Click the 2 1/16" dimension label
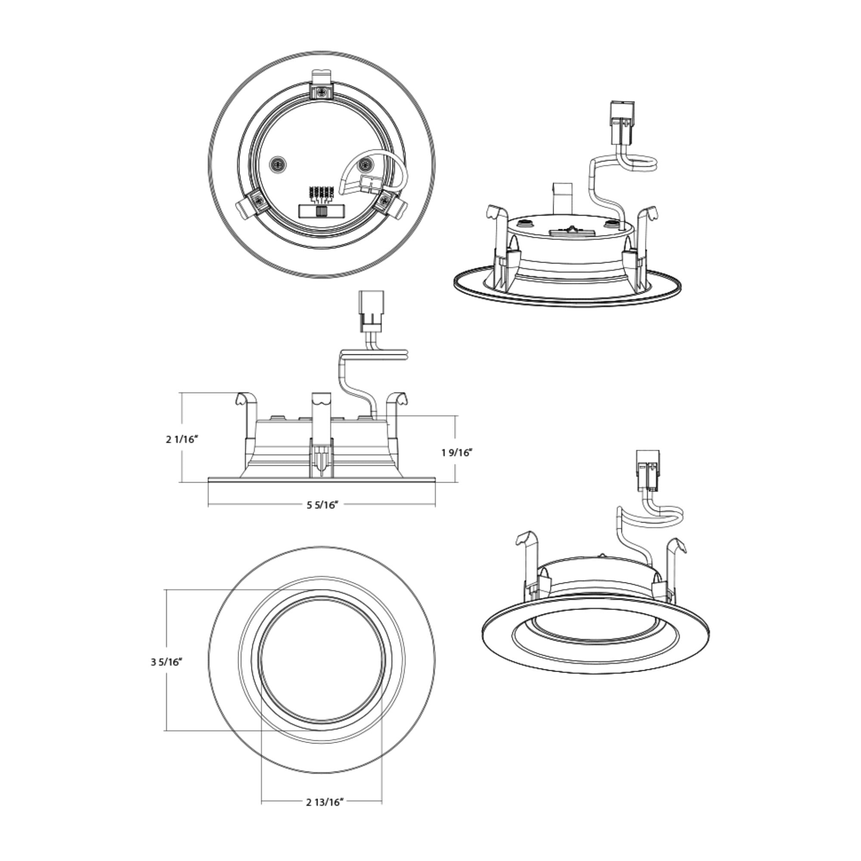[x=182, y=440]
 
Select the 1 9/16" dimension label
[x=457, y=453]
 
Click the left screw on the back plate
[x=278, y=164]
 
